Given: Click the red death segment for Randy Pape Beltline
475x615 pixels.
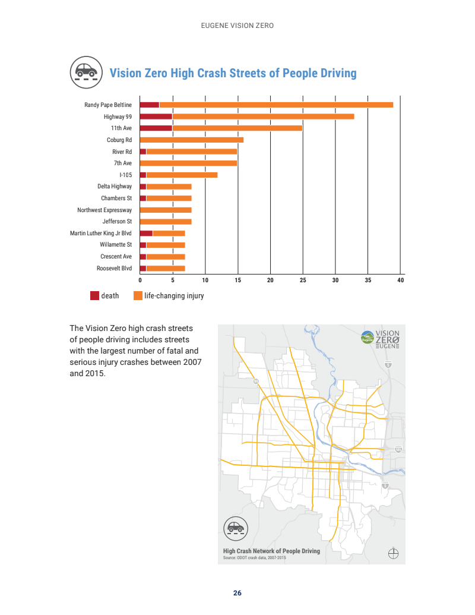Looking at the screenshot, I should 150,105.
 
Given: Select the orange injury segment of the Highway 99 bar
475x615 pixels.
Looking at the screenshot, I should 263,116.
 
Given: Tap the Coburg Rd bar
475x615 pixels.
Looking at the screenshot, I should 191,140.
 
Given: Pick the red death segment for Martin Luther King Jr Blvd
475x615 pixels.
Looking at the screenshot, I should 146,233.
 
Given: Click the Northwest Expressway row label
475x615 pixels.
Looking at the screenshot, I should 104,210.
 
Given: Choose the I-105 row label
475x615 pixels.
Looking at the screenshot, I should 125,175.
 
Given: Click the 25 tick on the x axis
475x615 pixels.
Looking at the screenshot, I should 303,279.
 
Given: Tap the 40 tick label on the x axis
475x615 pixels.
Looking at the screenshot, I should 400,279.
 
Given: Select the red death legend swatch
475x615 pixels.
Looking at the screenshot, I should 94,295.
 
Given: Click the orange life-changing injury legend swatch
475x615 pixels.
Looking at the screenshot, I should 138,295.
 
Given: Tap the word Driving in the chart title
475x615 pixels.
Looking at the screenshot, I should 336,73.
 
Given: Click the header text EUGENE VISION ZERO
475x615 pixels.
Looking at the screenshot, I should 237,26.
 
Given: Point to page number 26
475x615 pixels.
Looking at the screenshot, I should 237,593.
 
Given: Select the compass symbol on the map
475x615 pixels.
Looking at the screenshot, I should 392,553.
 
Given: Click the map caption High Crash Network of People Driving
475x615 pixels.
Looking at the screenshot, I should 271,551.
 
